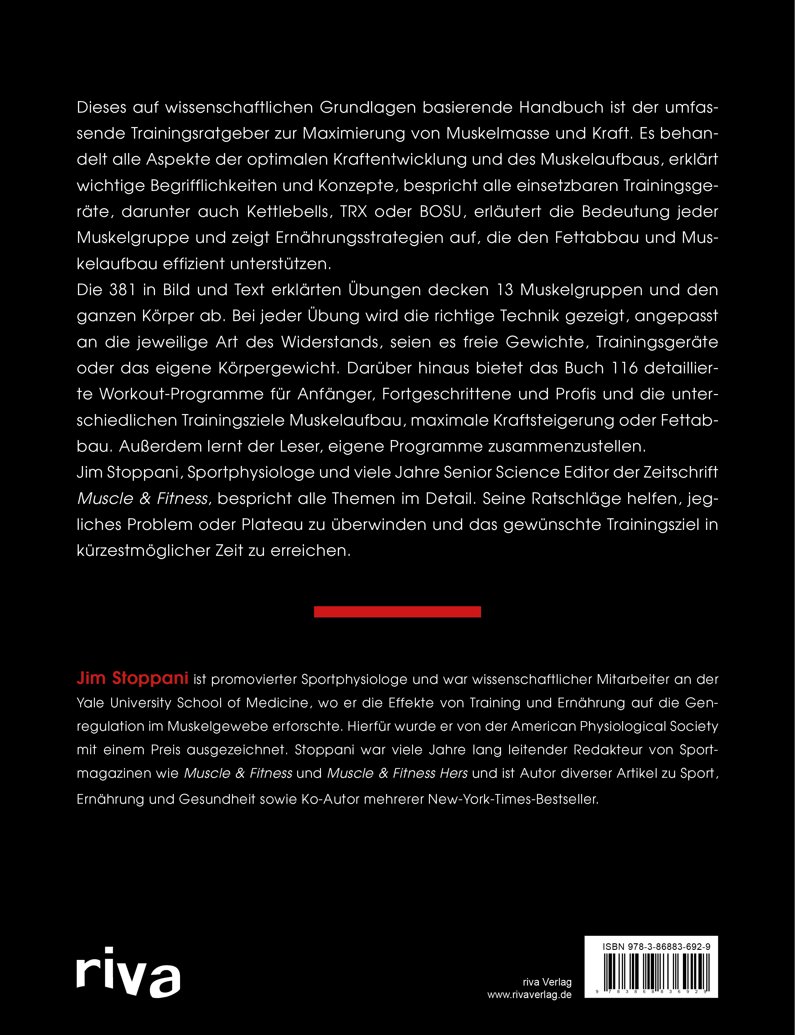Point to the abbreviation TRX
[354, 212]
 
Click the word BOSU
[440, 212]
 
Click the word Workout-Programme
[181, 394]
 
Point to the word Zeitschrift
[680, 472]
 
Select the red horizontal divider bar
[398, 612]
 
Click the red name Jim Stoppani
[132, 678]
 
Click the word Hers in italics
[453, 773]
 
